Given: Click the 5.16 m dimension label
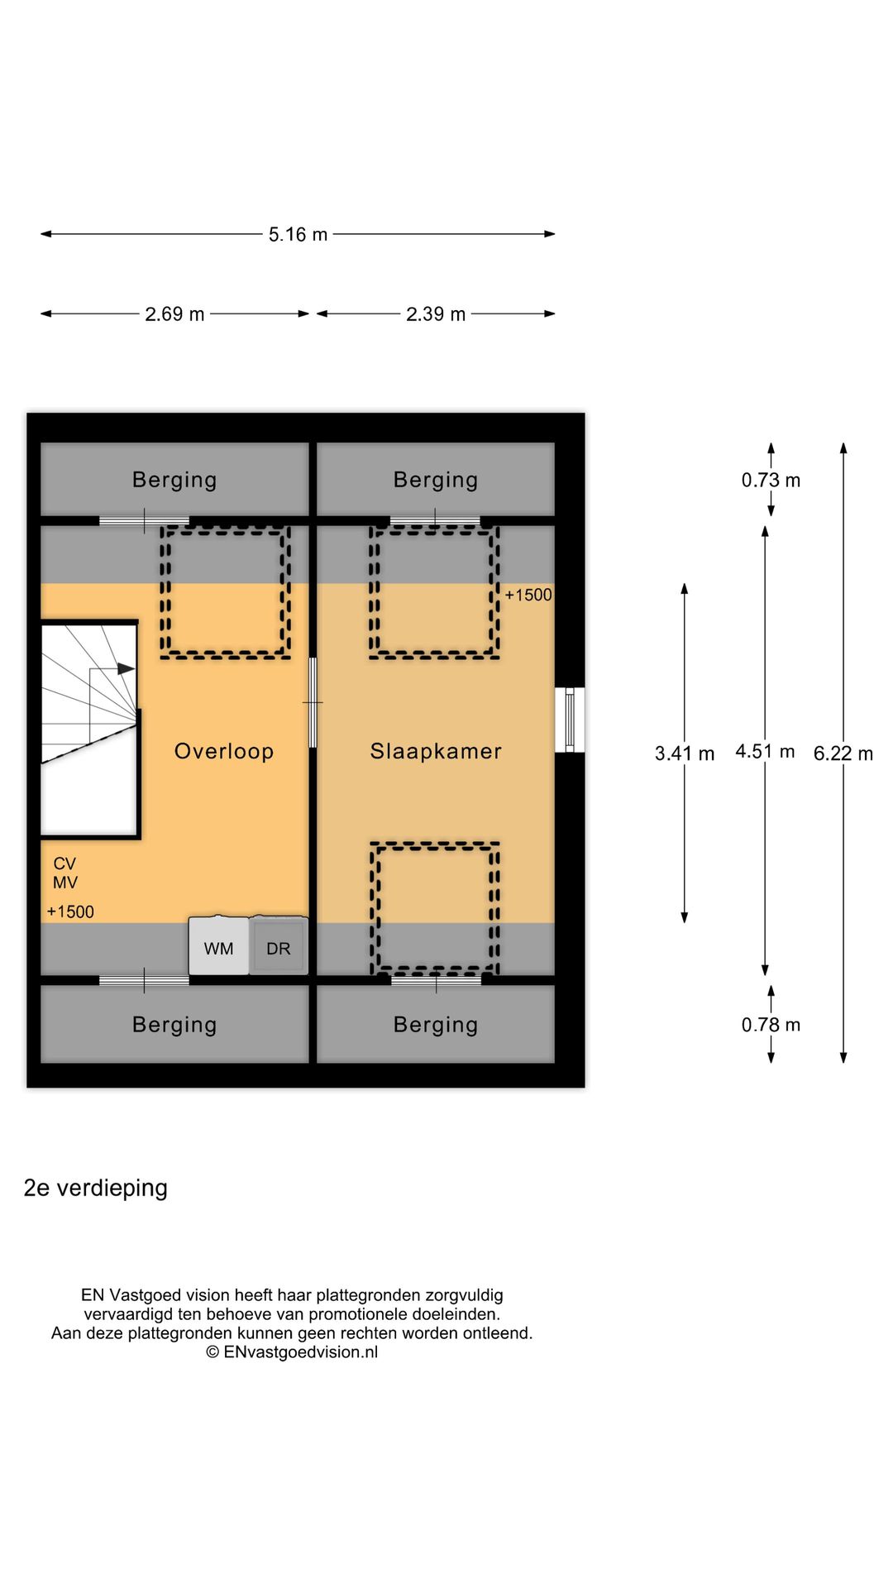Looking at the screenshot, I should point(298,235).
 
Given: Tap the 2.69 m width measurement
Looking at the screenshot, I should point(174,314).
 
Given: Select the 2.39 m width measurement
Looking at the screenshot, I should point(436,314).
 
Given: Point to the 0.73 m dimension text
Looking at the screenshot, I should point(771,481).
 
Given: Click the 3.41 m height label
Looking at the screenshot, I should point(684,753).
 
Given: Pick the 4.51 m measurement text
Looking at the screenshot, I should point(765,752).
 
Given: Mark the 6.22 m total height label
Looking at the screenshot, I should point(843,753).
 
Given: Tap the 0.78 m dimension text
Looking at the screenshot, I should point(771,1026).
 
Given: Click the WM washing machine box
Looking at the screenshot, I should point(219,947).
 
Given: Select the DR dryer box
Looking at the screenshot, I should point(279,947).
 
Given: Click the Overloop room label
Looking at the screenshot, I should point(223,752).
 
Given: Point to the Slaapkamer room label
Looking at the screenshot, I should point(436,752).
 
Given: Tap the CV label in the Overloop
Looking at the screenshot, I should point(64,864).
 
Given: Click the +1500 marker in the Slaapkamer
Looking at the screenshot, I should point(528,595).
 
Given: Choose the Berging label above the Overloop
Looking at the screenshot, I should point(174,481).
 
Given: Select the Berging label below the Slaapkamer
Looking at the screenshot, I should point(436,1026).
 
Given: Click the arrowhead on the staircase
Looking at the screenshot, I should point(126,668).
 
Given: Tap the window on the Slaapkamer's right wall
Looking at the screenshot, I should point(569,720).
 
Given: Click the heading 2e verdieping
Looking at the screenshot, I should point(96,1189).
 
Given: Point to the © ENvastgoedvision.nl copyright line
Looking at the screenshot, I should point(292,1352).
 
